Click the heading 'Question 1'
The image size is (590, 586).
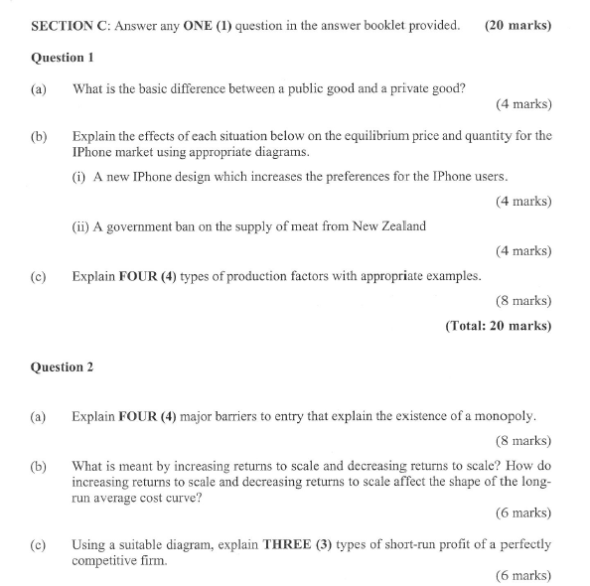[63, 58]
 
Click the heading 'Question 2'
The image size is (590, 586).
[63, 367]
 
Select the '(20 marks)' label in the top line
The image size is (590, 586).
[518, 25]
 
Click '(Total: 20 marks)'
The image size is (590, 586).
[499, 325]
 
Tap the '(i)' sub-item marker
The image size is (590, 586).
[78, 177]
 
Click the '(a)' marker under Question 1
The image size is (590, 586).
[39, 89]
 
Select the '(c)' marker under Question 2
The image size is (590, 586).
[39, 544]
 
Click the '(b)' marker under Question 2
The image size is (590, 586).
[39, 465]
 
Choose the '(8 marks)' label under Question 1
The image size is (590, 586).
[522, 300]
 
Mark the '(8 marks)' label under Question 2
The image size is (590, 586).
[522, 441]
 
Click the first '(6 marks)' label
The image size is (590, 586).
[522, 513]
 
